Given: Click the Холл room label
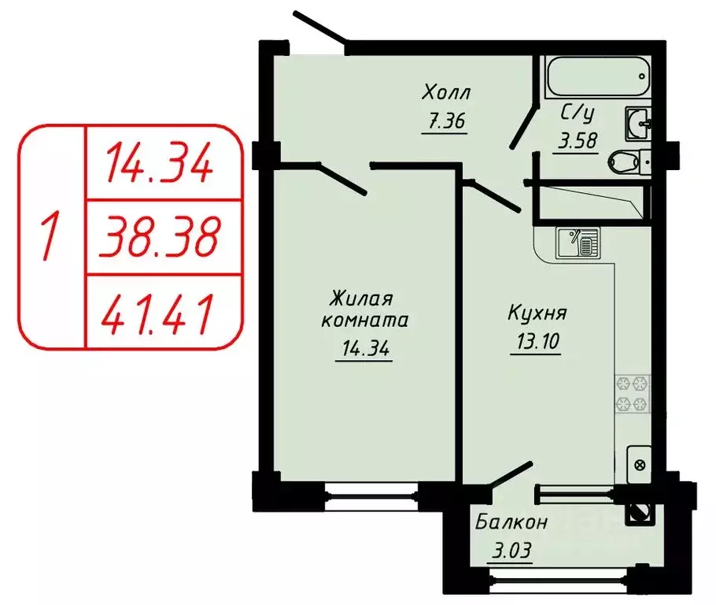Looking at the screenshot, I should [445, 94].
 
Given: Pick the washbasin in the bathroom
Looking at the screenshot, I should [637, 123].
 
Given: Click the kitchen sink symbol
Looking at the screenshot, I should [578, 242].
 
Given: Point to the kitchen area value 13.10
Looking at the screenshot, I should [535, 343].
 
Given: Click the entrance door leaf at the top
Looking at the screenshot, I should [321, 28].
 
